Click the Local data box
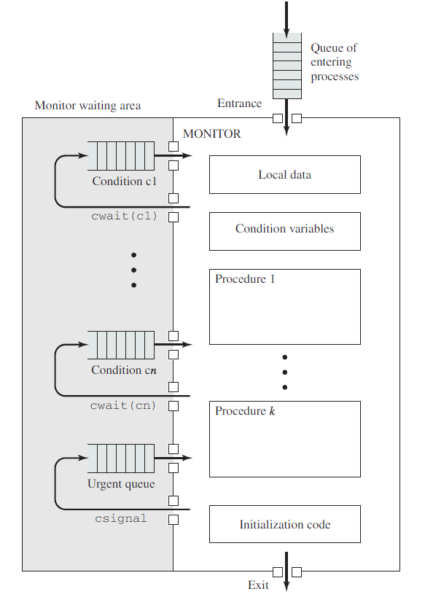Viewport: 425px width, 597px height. (285, 174)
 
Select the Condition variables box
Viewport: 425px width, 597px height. (285, 231)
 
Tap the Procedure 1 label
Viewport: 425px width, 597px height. (245, 278)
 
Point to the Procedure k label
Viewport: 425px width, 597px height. (245, 411)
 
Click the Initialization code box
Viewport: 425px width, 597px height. (285, 524)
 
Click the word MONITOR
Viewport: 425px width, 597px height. (211, 133)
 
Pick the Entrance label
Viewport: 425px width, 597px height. (240, 104)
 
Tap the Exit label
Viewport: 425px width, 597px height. (258, 585)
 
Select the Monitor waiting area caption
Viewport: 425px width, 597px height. (87, 106)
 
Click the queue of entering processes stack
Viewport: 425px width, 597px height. (287, 66)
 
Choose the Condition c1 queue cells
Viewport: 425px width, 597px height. (121, 156)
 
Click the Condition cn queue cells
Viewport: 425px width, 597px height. (121, 345)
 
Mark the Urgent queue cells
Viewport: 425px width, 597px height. (121, 458)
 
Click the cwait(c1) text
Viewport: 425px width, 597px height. (124, 216)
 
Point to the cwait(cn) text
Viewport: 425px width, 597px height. (123, 405)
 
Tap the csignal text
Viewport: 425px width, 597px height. (121, 518)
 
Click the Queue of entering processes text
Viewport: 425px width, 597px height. (335, 62)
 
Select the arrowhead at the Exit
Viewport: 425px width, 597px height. (286, 586)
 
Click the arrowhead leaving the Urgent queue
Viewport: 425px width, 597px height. (187, 458)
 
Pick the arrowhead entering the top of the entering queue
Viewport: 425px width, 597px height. (286, 33)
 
